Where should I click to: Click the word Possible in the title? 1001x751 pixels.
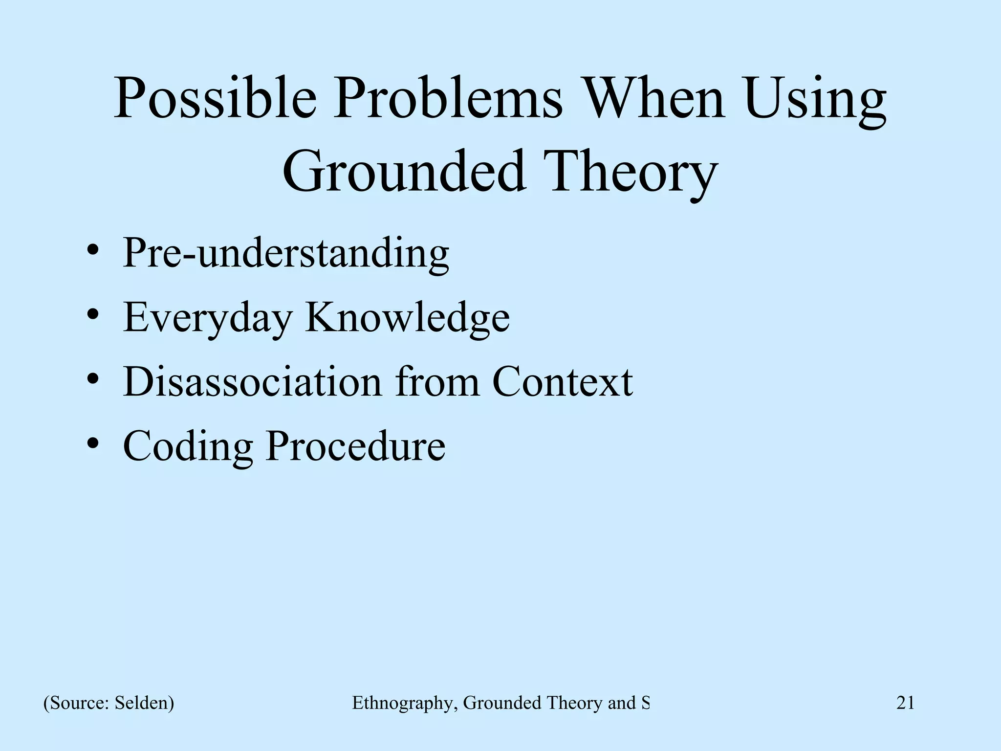click(215, 99)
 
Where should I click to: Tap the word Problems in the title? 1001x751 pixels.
click(448, 99)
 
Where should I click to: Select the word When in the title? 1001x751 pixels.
click(654, 99)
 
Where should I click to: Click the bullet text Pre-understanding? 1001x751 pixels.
click(286, 253)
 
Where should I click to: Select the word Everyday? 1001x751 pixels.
click(207, 318)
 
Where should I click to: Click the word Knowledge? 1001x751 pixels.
click(407, 318)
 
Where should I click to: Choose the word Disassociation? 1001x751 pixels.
click(252, 382)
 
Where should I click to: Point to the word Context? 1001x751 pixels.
click(562, 382)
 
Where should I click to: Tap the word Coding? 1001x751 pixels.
click(188, 446)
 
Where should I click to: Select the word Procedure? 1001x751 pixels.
click(355, 446)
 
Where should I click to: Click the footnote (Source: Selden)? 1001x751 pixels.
click(109, 703)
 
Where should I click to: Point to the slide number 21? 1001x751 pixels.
click(905, 703)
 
